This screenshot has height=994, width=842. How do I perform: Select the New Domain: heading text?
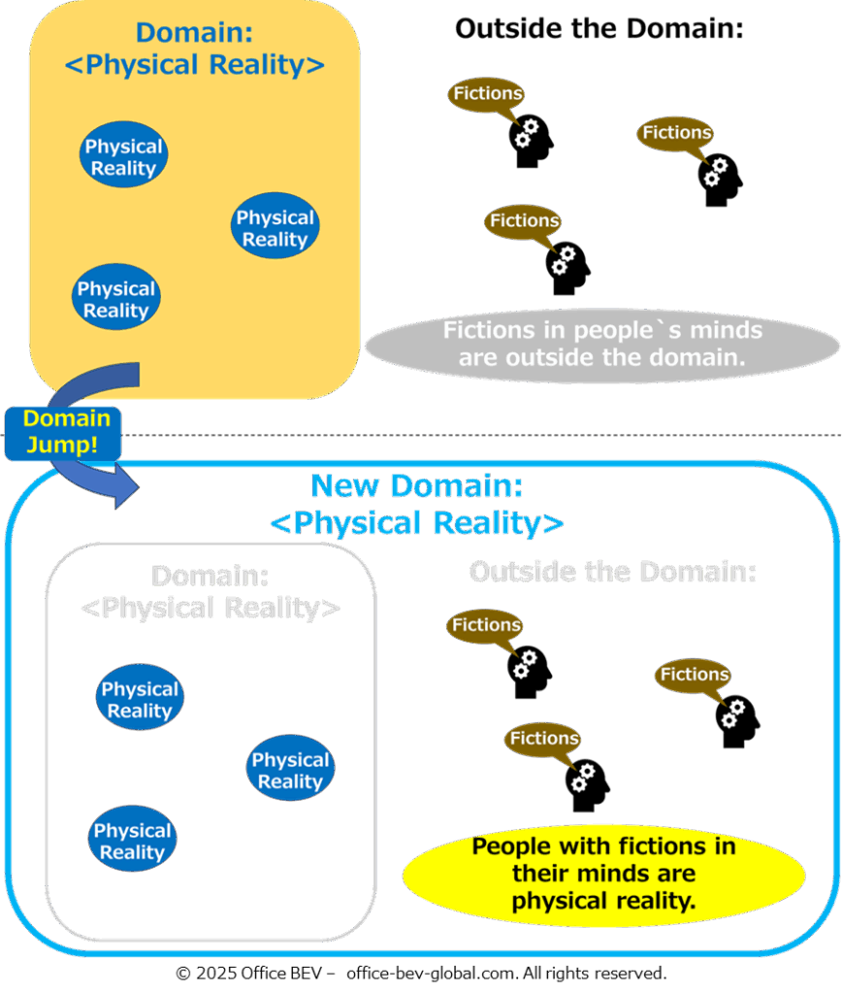point(417,485)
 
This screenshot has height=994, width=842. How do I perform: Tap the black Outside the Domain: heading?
point(599,29)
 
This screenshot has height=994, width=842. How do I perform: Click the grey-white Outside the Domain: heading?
point(612,571)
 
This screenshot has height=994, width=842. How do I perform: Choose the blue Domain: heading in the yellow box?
point(194,32)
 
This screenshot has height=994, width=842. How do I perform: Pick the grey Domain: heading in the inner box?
point(210,576)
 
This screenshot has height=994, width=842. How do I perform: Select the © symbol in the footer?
point(182,973)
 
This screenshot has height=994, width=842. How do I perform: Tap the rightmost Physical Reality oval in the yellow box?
point(275,228)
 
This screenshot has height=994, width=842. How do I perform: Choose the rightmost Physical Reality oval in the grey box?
point(290,771)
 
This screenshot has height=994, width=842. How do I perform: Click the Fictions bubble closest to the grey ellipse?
point(524,221)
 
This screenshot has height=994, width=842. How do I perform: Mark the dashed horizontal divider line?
point(485,435)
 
